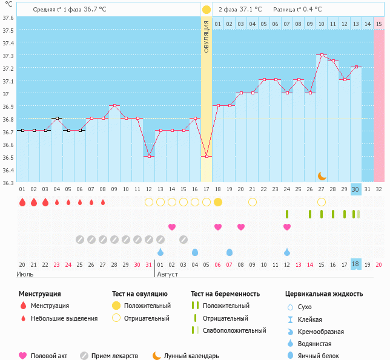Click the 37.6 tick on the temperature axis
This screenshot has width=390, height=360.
pos(8,18)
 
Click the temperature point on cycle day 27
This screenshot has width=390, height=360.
pos(322,55)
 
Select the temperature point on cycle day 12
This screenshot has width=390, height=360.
pos(149,156)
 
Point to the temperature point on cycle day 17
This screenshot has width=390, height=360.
pos(207,156)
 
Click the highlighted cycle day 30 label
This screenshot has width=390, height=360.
pos(356,189)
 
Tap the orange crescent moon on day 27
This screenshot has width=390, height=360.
pos(322,175)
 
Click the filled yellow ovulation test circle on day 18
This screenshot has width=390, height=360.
pos(218,201)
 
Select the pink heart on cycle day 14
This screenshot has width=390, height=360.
pos(172,227)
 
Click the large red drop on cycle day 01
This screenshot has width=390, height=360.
pos(22,202)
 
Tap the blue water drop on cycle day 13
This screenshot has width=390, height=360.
pos(160,252)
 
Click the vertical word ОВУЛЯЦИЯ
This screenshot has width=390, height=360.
pos(207,36)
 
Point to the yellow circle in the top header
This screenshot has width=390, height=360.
pos(207,10)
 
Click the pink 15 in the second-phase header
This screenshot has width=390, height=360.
pos(379,24)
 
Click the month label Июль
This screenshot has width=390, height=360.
pos(25,274)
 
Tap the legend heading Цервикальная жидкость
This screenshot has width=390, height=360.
pos(324,294)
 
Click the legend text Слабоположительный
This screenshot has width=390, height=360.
pos(236,330)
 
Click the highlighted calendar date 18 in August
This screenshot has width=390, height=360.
pos(356,264)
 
